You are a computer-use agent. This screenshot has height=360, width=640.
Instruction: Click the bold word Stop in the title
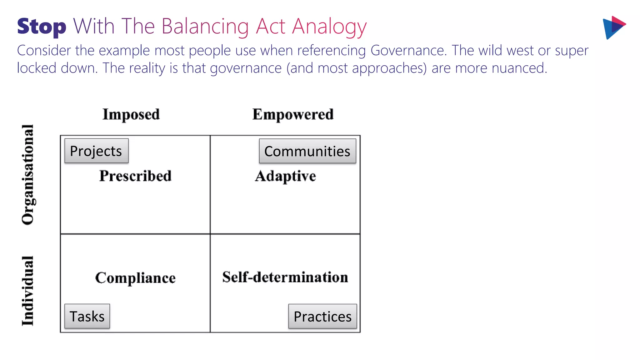coord(42,27)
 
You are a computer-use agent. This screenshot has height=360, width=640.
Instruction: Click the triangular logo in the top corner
coord(613,27)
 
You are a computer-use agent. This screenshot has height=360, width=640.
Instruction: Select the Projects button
coord(96,151)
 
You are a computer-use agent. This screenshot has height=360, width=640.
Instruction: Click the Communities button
coord(307,151)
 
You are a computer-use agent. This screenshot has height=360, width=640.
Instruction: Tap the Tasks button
coord(87,316)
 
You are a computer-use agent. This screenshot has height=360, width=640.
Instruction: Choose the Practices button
coord(322,316)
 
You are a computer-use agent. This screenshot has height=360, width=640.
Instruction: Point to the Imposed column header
coord(131,114)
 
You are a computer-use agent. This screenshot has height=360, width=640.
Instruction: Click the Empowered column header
coord(293,114)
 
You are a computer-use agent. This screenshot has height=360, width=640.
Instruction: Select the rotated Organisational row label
coord(28,174)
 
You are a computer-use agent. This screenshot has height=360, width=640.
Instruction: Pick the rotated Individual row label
coord(28,291)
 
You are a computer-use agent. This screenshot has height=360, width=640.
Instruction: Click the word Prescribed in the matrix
coord(135,176)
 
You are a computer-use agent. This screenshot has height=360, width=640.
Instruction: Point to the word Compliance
coord(135,278)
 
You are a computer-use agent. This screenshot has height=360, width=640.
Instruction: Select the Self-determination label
coord(285,277)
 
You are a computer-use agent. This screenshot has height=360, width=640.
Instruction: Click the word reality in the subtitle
coord(146,68)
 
